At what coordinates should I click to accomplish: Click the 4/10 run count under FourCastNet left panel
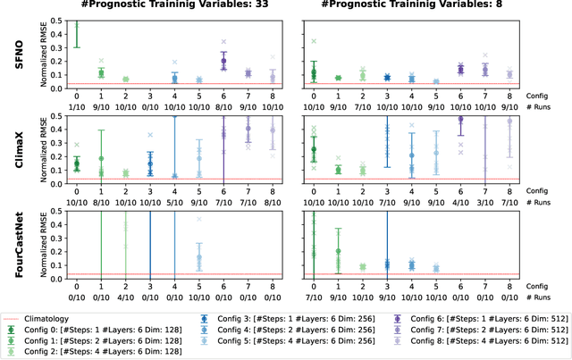pyautogui.click(x=125, y=298)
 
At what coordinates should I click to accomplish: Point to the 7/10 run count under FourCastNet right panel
pyautogui.click(x=313, y=298)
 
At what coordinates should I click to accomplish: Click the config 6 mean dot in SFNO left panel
pyautogui.click(x=223, y=62)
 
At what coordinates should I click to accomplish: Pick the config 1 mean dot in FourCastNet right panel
pyautogui.click(x=338, y=251)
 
